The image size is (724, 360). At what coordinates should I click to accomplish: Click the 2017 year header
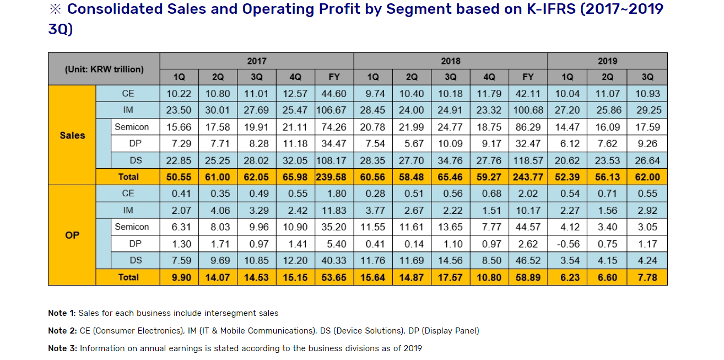tap(257, 61)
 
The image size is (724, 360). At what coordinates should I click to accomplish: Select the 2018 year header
tap(451, 61)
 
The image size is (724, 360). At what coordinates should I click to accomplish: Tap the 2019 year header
tap(607, 61)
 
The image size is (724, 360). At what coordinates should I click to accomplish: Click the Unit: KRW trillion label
tap(104, 69)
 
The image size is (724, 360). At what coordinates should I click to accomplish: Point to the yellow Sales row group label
tap(72, 135)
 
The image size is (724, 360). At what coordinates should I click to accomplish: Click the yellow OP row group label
tap(72, 235)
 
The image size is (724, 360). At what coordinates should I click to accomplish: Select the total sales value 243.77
tap(528, 177)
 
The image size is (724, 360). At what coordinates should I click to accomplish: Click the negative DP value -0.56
tap(568, 244)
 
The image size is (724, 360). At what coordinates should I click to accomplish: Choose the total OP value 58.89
tap(528, 277)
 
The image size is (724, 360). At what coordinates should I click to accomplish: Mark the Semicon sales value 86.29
tap(528, 127)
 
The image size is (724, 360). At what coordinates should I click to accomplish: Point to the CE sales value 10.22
tap(179, 94)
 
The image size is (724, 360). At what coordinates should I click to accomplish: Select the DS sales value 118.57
tap(528, 160)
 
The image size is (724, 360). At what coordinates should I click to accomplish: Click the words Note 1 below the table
tap(61, 313)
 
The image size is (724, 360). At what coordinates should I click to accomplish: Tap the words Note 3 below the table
tap(61, 348)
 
